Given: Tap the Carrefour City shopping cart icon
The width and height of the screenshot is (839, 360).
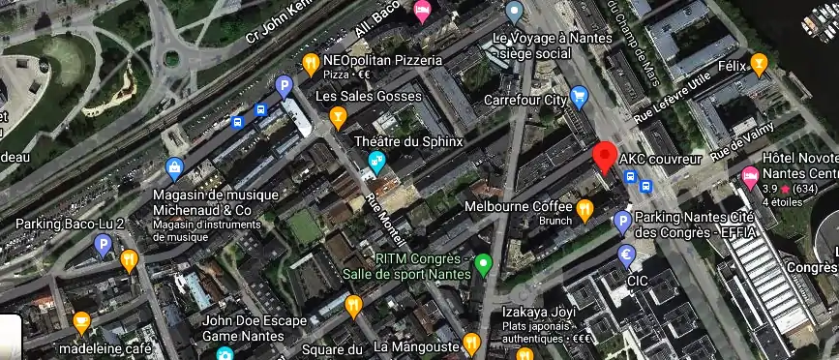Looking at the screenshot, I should point(579,95).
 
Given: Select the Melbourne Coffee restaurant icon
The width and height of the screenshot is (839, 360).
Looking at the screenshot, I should point(584,208).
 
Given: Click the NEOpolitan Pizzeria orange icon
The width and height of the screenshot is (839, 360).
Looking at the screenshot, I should point(311,64).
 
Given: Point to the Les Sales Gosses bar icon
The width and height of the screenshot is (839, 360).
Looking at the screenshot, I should point(338,117).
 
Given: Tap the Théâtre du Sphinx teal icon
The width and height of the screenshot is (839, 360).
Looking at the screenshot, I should point(377,162).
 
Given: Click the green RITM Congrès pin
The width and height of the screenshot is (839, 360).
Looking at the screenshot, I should point(485,261).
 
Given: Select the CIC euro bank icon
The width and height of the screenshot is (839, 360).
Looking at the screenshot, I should point(626,255).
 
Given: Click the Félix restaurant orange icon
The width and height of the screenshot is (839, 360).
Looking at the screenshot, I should point(760,64).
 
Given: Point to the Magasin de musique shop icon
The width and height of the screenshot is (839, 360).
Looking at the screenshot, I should point(174,168).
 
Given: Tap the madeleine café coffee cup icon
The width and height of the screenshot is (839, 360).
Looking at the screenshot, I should point(82,320).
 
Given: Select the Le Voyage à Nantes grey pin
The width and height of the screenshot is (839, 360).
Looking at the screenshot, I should point(515,13).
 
